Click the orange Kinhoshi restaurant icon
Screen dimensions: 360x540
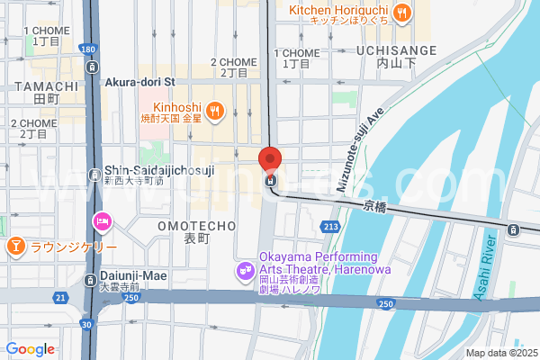pyautogui.click(x=213, y=110)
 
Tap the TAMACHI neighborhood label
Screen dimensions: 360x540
pyautogui.click(x=37, y=85)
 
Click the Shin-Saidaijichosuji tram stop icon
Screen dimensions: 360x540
pyautogui.click(x=96, y=175)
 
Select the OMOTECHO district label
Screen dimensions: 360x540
pyautogui.click(x=196, y=226)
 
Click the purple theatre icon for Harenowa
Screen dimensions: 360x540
pyautogui.click(x=243, y=270)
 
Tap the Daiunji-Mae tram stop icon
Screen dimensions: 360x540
pyautogui.click(x=91, y=281)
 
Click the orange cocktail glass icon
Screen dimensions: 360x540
pyautogui.click(x=15, y=246)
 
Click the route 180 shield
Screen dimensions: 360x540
pyautogui.click(x=86, y=48)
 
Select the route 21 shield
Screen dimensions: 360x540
pyautogui.click(x=59, y=297)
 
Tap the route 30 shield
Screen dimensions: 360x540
pyautogui.click(x=85, y=325)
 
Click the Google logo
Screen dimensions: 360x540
pyautogui.click(x=30, y=349)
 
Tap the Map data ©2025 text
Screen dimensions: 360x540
pyautogui.click(x=500, y=353)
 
